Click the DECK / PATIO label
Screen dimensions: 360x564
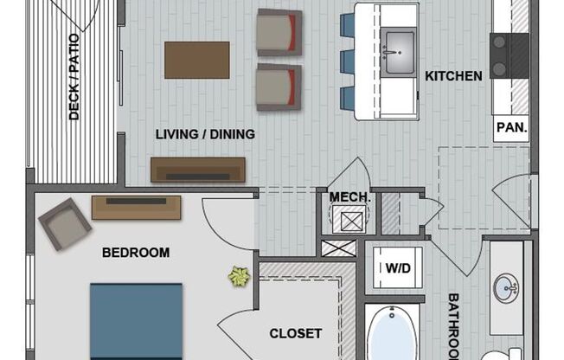74,77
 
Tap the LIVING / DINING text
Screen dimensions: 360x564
205,134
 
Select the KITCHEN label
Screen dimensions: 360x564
453,76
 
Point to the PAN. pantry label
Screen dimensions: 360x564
511,128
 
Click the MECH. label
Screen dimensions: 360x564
350,197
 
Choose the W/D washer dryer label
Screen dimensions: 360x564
397,267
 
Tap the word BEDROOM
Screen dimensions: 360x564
136,253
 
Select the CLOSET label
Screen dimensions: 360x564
295,333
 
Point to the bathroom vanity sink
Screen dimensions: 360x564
506,286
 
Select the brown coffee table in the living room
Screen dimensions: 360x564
197,60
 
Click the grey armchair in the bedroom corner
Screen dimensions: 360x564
64,223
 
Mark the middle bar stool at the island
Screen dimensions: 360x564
347,61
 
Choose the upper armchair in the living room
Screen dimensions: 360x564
279,32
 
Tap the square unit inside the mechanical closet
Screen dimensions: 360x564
350,221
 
